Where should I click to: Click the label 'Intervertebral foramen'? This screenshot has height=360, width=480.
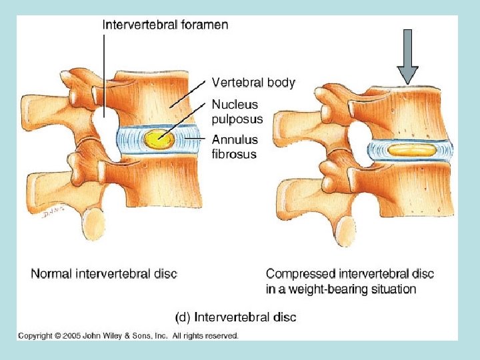(x=165, y=25)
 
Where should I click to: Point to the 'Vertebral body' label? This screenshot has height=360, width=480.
(x=253, y=83)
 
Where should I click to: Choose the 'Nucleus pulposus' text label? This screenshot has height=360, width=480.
(x=237, y=111)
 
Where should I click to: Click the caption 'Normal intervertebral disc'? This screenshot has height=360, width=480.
(x=104, y=273)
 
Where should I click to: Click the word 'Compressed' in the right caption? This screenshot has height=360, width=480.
(x=301, y=273)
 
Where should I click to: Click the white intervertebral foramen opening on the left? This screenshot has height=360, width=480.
(x=105, y=127)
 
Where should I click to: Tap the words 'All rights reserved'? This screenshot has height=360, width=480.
(x=205, y=335)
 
